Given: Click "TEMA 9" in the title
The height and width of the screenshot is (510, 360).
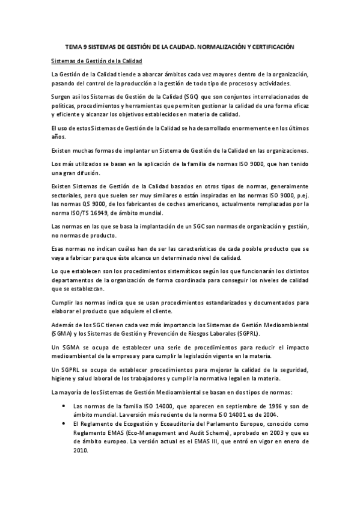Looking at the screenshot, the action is (x=75, y=46).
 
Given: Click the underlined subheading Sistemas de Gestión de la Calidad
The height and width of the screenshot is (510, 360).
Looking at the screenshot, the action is (x=97, y=61).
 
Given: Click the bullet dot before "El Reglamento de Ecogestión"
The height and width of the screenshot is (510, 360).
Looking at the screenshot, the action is (x=64, y=423).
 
